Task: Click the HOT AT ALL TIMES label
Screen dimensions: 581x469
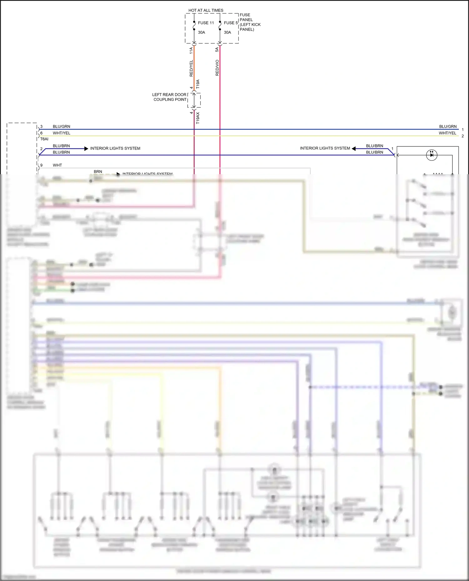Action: (206, 10)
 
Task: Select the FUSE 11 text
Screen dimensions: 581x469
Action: (206, 23)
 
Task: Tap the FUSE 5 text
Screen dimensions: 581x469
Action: (231, 23)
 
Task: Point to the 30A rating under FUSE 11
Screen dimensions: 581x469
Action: (201, 32)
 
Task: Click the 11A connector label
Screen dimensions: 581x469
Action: (191, 51)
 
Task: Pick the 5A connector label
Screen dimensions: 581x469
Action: (217, 50)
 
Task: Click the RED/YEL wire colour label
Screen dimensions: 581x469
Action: (191, 68)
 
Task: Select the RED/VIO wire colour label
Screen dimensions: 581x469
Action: (217, 68)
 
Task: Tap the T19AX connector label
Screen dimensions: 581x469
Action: (198, 118)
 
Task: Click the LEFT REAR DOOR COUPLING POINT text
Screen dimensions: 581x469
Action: (169, 97)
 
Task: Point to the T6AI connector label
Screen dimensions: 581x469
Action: (44, 139)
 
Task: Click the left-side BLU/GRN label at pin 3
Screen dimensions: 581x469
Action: (61, 126)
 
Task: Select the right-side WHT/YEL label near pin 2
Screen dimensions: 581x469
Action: (447, 133)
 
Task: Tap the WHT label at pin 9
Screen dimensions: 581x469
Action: (58, 165)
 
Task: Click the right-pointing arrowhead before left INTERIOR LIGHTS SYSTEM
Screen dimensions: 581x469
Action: (86, 149)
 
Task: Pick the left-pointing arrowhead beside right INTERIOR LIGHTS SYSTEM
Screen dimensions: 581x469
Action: (354, 149)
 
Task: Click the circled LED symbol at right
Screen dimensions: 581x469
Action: (432, 155)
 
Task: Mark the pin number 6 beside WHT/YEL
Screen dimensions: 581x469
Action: (41, 133)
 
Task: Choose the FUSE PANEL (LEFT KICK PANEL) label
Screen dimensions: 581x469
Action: (250, 22)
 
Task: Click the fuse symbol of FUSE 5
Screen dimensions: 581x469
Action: (220, 26)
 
